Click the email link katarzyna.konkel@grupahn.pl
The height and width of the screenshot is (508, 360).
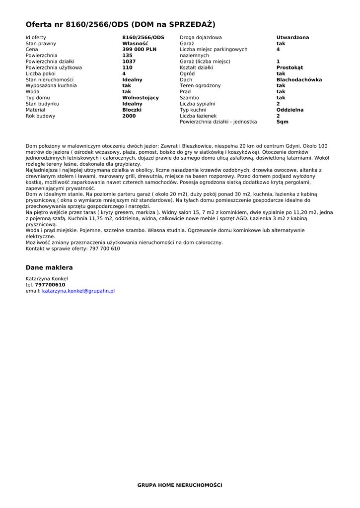coord(78,291)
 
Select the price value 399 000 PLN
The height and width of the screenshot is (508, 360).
coord(139,50)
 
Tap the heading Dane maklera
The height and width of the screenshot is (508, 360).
coord(49,268)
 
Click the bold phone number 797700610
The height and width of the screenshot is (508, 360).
coord(50,285)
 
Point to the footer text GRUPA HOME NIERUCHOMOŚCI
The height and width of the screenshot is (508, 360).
coord(180,485)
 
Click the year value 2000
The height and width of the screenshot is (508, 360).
coord(129,116)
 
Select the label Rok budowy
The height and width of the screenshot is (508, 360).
coord(40,116)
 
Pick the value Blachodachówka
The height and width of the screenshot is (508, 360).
coord(299,80)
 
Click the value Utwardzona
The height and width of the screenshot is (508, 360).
coord(292,38)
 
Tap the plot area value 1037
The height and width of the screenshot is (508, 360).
coord(129,62)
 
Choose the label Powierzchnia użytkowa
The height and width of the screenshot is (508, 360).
coord(54,68)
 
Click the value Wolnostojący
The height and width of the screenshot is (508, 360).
coord(141,98)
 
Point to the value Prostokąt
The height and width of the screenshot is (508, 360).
coord(289,67)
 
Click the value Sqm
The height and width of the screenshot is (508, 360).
coord(282,122)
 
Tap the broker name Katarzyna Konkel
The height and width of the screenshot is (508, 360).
coord(47,279)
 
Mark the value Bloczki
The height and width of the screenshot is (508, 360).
coord(132,110)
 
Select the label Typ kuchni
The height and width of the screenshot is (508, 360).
coord(193,110)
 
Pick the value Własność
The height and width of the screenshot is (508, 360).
coord(135,44)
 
